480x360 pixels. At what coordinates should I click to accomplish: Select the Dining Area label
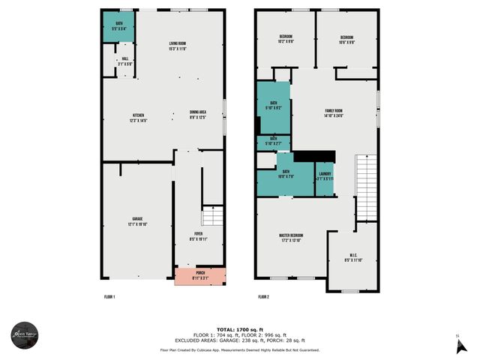coord(198,115)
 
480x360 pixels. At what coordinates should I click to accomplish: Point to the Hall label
coord(125,61)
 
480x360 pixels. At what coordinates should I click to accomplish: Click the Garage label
coord(137,220)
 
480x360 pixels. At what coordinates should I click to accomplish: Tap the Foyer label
coord(198,236)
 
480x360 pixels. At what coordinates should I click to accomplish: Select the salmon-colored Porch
coord(199,275)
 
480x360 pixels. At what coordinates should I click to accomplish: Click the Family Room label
coord(333,113)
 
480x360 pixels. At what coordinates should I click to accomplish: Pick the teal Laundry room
coord(324,180)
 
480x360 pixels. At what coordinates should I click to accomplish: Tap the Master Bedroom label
coord(290,238)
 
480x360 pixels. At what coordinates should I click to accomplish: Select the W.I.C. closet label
coord(352,258)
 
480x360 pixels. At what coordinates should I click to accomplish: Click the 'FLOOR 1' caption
coord(109,298)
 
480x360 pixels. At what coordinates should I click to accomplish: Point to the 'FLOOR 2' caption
coord(263,298)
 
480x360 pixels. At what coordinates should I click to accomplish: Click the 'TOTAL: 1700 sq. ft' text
coord(239,329)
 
